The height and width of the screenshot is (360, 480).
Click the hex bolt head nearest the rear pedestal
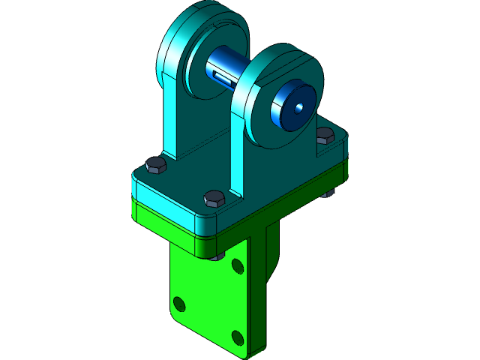155,165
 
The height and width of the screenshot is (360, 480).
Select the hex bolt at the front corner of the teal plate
214,199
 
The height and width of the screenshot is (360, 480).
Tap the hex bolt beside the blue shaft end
325,136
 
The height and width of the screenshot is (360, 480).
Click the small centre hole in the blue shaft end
299,106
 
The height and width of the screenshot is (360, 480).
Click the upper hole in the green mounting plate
237,265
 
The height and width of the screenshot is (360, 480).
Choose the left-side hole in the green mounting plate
179,304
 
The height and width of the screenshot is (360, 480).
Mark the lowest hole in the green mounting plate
238,337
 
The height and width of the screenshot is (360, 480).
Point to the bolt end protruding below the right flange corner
328,194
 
